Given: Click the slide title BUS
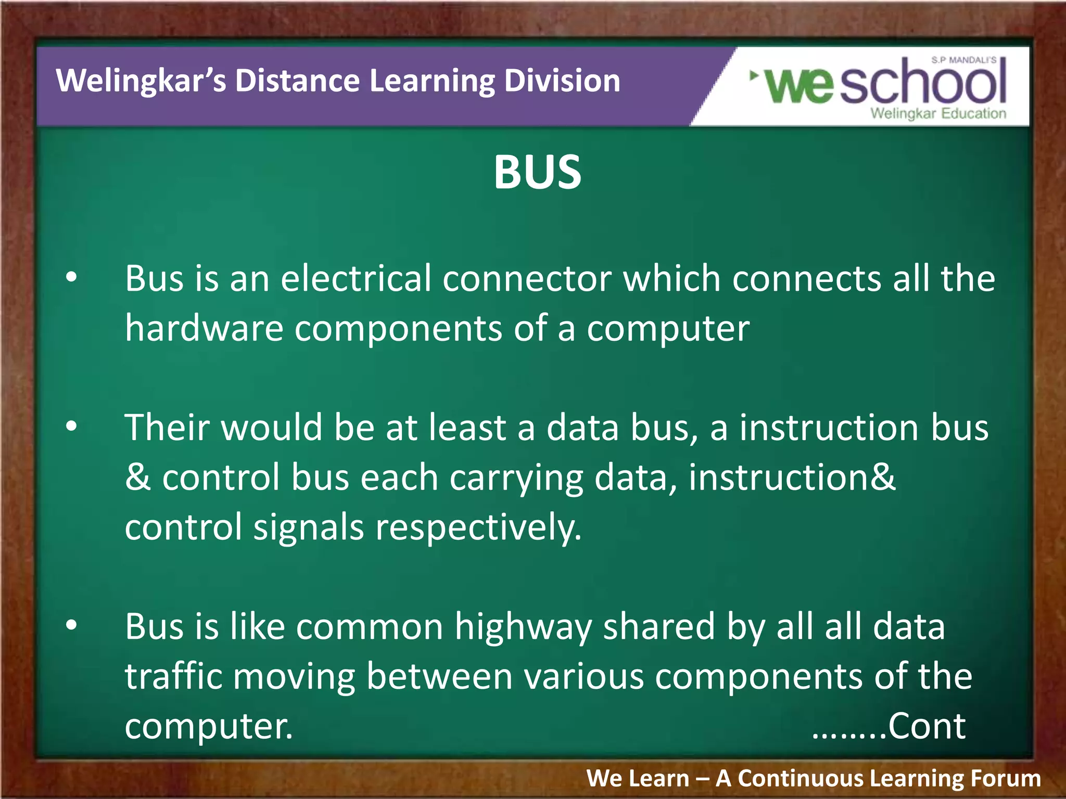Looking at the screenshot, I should click(537, 172).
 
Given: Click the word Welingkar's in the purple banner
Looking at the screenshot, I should click(141, 81).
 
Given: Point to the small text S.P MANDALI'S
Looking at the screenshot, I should click(963, 60).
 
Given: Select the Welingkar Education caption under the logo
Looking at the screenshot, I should click(938, 113).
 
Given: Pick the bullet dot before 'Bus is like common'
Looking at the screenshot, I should click(71, 625).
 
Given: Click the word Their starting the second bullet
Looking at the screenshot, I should click(167, 427).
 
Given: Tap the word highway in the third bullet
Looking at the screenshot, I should click(523, 627).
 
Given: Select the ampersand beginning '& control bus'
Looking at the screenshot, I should click(137, 477).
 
